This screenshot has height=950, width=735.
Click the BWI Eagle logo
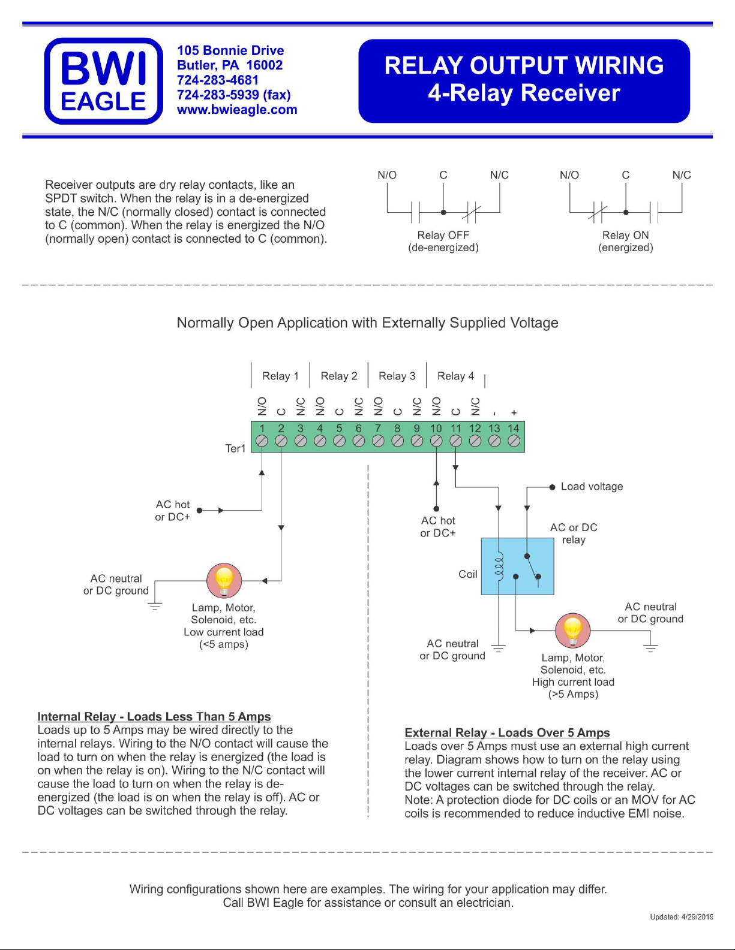[x=104, y=81]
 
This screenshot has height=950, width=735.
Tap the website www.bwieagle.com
[x=236, y=110]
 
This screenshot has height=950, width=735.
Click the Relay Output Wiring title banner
[x=524, y=81]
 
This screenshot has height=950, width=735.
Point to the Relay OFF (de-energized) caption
[x=443, y=242]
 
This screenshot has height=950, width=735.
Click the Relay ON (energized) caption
[x=626, y=242]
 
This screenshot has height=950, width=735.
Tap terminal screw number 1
[x=262, y=441]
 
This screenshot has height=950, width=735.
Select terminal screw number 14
[x=514, y=441]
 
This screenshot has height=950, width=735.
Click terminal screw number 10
[x=436, y=441]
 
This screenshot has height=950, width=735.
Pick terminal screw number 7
[x=378, y=441]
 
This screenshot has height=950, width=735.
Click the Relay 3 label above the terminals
[x=397, y=376]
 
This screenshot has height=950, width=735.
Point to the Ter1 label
[x=235, y=448]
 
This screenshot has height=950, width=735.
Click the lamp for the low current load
[x=224, y=581]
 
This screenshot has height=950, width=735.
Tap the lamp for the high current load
[x=572, y=631]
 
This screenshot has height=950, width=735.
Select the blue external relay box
[x=518, y=566]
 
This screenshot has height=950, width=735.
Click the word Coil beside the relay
[x=467, y=574]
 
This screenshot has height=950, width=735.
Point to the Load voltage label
[x=592, y=487]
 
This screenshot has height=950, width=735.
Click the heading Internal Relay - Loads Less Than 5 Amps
[x=154, y=716]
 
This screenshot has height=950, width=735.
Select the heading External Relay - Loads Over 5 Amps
[x=507, y=732]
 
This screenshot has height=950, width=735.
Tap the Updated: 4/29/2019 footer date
[x=681, y=917]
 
